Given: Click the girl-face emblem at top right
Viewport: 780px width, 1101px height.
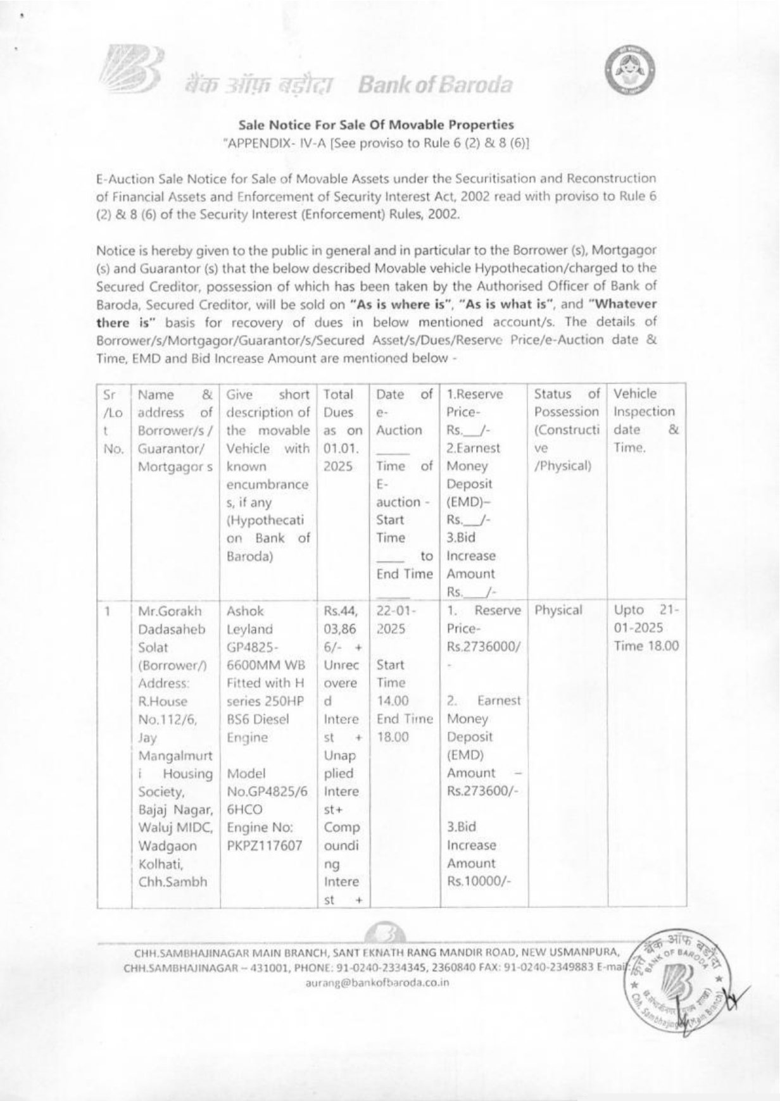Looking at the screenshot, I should (629, 70).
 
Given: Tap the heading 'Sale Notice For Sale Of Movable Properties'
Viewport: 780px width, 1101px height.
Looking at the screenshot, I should (376, 125).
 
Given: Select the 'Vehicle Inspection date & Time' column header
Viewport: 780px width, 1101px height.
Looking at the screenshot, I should (644, 420).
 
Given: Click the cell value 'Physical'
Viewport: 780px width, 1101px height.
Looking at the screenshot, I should (558, 610).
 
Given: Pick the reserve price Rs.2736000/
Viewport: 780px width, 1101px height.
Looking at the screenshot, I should (483, 647).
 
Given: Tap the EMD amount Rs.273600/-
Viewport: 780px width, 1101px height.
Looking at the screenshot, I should (482, 791).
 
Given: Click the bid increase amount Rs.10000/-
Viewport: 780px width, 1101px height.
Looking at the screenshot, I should (478, 881).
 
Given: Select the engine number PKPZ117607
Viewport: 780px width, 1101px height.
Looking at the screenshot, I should (265, 845).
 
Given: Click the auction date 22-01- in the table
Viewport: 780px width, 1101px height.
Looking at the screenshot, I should (395, 611).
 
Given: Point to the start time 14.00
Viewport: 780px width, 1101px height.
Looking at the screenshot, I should (393, 700).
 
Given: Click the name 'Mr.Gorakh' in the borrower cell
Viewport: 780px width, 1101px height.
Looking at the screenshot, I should (169, 611).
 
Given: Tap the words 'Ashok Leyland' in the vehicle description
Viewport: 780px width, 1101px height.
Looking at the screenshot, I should (249, 620).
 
